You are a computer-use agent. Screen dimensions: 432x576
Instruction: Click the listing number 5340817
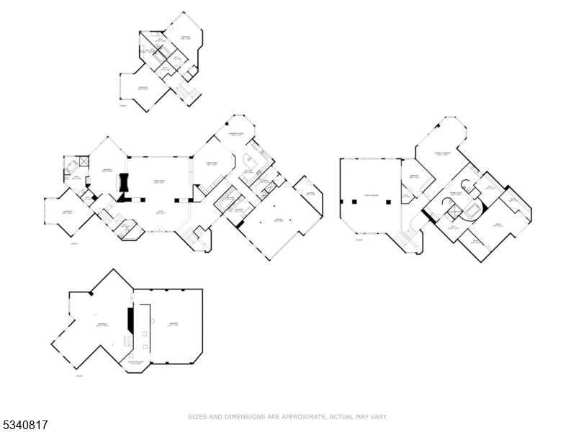(25, 426)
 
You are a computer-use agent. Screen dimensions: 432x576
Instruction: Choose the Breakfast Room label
(237, 135)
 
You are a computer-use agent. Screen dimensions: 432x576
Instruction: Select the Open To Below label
(371, 196)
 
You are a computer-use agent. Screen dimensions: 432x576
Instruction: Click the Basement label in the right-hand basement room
(174, 325)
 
